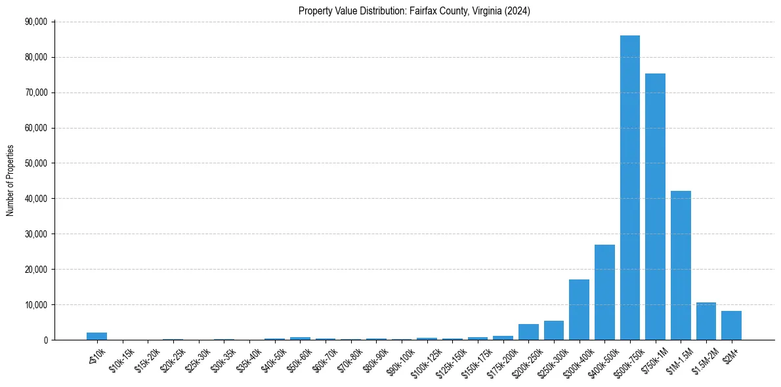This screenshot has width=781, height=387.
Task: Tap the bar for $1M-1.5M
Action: pos(681,265)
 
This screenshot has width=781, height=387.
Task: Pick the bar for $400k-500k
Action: pos(604,292)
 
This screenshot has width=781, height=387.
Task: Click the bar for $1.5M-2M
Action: pos(706,321)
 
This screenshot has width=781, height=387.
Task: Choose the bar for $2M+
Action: pos(731,325)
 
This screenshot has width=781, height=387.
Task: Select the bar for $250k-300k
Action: pos(553,331)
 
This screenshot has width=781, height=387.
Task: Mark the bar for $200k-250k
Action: pos(528,332)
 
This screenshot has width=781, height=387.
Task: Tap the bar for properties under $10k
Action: pos(96,336)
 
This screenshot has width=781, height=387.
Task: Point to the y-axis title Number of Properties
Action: pos(11,180)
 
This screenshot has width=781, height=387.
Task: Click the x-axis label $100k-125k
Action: pos(427,358)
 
